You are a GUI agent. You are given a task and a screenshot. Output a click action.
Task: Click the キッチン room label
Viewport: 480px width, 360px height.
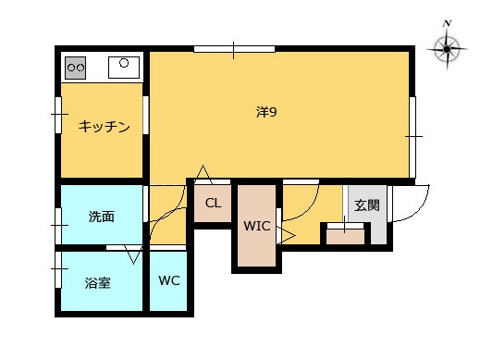click(x=104, y=127)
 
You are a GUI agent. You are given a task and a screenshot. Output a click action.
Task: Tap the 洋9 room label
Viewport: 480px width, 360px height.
click(x=266, y=112)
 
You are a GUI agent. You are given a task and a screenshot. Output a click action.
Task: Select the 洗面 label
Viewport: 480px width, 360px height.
click(x=102, y=217)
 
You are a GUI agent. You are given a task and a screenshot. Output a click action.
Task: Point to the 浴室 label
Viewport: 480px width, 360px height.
click(x=98, y=283)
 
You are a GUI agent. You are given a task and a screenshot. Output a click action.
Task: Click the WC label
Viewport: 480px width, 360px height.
click(x=169, y=280)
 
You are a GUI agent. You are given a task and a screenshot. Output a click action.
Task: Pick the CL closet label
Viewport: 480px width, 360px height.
click(x=213, y=203)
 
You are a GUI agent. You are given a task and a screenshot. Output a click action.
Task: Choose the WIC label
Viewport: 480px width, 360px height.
click(x=257, y=226)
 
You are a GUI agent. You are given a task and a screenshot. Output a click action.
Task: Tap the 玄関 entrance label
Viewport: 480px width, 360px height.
click(x=367, y=205)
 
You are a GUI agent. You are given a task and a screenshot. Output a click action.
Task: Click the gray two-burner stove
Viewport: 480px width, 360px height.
click(x=76, y=68)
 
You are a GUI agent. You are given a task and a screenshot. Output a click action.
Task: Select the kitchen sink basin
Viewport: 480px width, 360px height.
click(x=124, y=68)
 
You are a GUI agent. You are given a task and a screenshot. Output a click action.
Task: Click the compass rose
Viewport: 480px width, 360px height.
click(x=447, y=49)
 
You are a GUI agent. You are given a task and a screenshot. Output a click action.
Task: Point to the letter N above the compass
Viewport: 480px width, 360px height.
click(x=447, y=23)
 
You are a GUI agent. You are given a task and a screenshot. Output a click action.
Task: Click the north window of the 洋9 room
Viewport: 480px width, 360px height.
click(x=234, y=49)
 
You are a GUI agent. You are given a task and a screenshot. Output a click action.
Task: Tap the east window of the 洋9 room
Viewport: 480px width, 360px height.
click(x=412, y=137)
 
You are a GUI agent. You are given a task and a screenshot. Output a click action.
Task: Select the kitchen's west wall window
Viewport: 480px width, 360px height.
click(x=58, y=115)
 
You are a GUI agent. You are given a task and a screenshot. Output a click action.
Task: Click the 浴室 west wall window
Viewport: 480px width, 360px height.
click(x=58, y=269)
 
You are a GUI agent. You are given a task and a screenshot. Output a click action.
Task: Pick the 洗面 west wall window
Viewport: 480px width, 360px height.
click(x=58, y=226)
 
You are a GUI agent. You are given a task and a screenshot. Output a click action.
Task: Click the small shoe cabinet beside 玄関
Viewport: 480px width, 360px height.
click(x=345, y=236)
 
